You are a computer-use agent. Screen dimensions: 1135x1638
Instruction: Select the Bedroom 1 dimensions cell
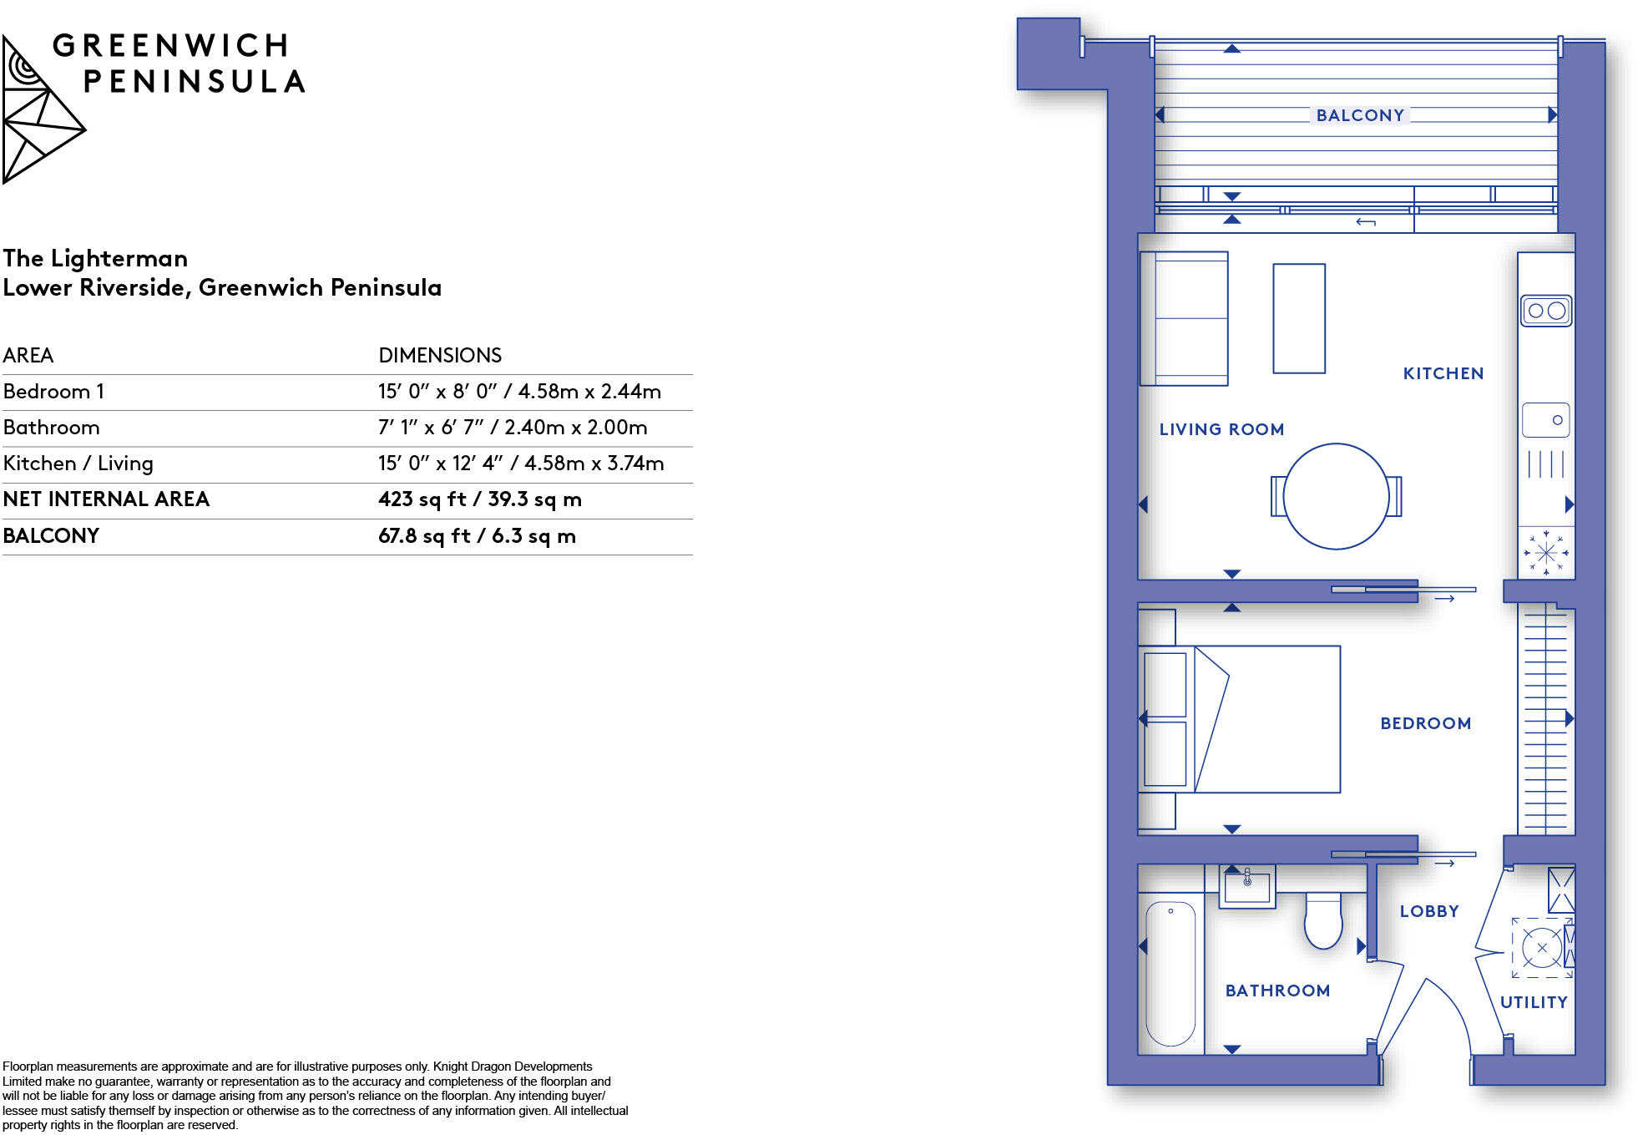point(519,392)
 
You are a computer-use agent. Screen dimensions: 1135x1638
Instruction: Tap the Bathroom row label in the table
point(51,428)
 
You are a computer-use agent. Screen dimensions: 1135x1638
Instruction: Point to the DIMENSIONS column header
point(440,356)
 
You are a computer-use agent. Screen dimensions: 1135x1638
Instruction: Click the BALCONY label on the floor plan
point(1359,115)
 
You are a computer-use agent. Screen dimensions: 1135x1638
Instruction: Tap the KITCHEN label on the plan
point(1443,373)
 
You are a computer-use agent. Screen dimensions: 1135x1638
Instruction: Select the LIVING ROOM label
point(1221,429)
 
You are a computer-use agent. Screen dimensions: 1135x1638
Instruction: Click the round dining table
point(1335,496)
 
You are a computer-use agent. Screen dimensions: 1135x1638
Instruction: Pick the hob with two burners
point(1545,311)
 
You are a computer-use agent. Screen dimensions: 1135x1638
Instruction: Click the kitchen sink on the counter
point(1545,420)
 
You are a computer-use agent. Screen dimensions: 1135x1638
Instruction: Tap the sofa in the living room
point(1184,318)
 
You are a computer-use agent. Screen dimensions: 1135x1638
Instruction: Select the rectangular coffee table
point(1298,318)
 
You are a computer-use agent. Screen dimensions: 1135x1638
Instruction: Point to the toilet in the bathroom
point(1322,921)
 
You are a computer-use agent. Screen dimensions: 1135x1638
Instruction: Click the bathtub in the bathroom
point(1170,973)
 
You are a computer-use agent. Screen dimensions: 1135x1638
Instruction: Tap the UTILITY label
point(1533,1002)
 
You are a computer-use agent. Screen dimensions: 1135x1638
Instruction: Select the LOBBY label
point(1428,911)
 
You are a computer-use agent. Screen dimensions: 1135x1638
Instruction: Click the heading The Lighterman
point(95,258)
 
